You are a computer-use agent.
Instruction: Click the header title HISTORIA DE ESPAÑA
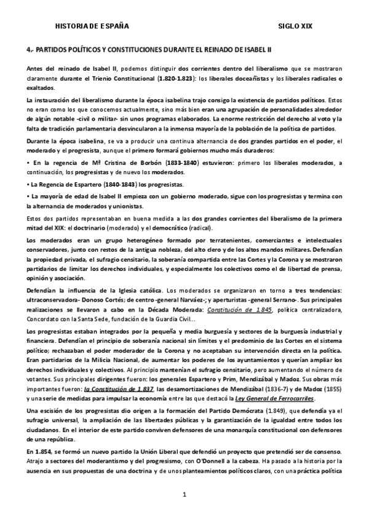click(92, 26)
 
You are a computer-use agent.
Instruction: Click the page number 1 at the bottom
click(184, 494)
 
